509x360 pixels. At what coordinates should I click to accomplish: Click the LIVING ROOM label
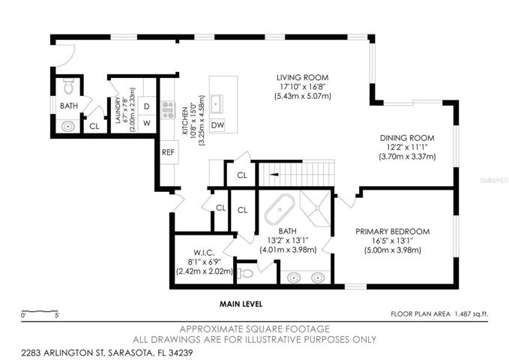click(302, 78)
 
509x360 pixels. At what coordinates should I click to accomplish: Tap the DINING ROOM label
click(407, 138)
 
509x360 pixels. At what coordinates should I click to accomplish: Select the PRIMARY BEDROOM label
click(393, 232)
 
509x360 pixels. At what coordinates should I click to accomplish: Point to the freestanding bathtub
click(280, 209)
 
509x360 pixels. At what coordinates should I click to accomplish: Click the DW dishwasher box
click(217, 124)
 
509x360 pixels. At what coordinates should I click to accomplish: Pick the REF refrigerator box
click(169, 152)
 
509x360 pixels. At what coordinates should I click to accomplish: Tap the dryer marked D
click(147, 106)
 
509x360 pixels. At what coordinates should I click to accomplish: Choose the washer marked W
click(147, 124)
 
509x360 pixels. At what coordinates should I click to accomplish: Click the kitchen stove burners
click(169, 110)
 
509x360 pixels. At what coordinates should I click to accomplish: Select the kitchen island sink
click(216, 104)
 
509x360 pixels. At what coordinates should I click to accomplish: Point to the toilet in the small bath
click(68, 86)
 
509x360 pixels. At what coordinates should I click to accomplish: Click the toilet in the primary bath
click(245, 274)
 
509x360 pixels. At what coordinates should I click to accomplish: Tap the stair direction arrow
click(274, 175)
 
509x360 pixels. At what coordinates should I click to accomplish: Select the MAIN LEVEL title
click(241, 304)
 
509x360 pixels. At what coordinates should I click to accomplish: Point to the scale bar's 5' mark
click(57, 315)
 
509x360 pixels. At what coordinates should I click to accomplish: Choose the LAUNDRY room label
click(118, 110)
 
